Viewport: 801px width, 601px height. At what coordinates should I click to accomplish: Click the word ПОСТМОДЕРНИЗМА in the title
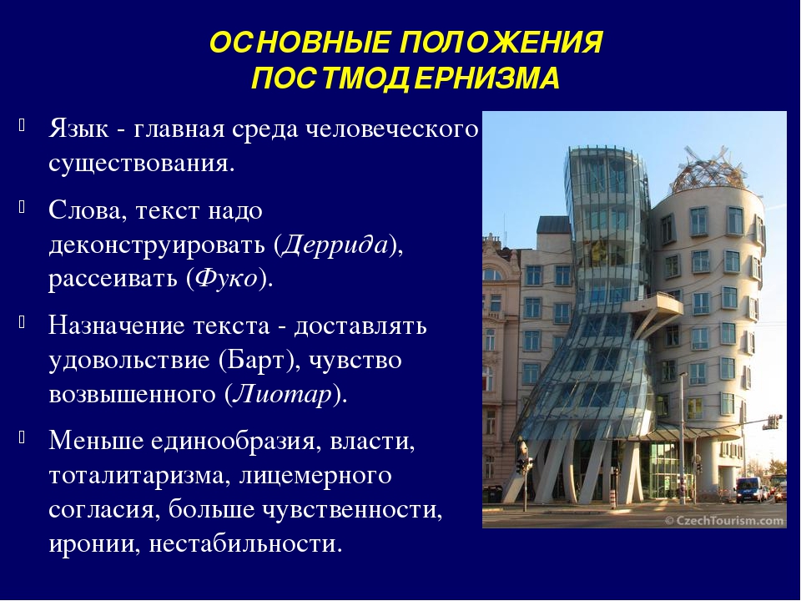click(x=406, y=78)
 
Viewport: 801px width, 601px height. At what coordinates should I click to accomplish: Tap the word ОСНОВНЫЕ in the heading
click(x=300, y=42)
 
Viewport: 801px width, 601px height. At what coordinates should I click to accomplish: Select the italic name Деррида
click(x=335, y=245)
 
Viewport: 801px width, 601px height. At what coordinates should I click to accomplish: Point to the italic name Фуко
click(x=227, y=279)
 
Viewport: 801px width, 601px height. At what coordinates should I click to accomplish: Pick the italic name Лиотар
click(x=283, y=394)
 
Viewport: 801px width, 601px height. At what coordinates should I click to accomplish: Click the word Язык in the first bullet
click(x=78, y=130)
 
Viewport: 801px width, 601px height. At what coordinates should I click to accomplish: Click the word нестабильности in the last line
click(x=245, y=544)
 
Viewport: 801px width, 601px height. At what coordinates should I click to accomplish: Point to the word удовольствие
click(x=130, y=361)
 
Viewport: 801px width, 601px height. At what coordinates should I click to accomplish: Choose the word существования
click(x=142, y=164)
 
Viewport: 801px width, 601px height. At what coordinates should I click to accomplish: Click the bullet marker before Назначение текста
click(x=22, y=323)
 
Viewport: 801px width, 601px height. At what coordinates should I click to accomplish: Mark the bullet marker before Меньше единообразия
click(x=22, y=437)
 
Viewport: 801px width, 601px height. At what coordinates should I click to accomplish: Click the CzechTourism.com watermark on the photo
click(x=724, y=521)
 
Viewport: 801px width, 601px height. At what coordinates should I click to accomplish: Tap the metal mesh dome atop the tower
click(x=701, y=170)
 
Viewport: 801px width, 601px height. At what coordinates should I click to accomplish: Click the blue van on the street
click(x=750, y=490)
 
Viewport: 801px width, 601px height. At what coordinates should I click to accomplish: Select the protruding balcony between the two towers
click(x=659, y=306)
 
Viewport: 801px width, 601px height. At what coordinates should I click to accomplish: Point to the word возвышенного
click(x=132, y=395)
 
